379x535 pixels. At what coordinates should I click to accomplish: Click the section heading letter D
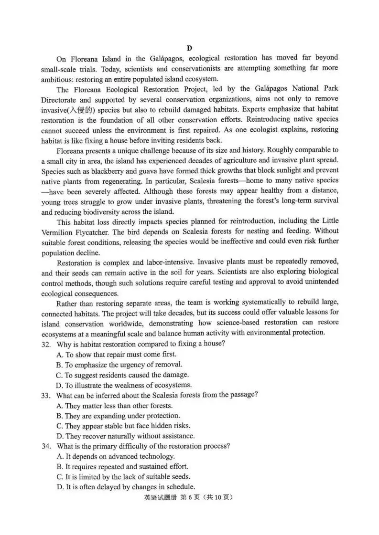(x=189, y=48)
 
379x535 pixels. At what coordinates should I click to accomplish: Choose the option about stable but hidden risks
(x=123, y=426)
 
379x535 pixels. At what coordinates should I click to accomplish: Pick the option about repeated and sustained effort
(x=122, y=466)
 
